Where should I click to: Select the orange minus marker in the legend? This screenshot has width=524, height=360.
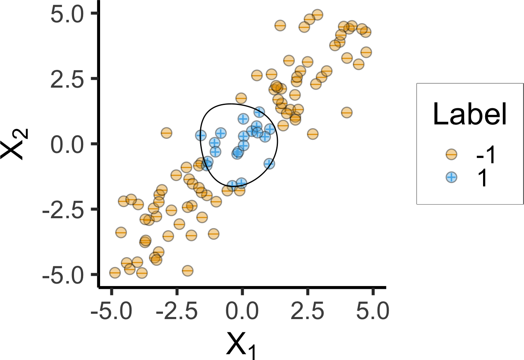tap(451, 155)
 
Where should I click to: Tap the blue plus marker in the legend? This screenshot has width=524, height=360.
tap(451, 177)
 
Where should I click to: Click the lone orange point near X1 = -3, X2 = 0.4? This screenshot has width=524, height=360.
tap(166, 133)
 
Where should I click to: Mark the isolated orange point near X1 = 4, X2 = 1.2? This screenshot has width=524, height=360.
tap(347, 112)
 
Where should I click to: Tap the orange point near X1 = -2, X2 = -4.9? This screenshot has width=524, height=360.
tap(188, 271)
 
